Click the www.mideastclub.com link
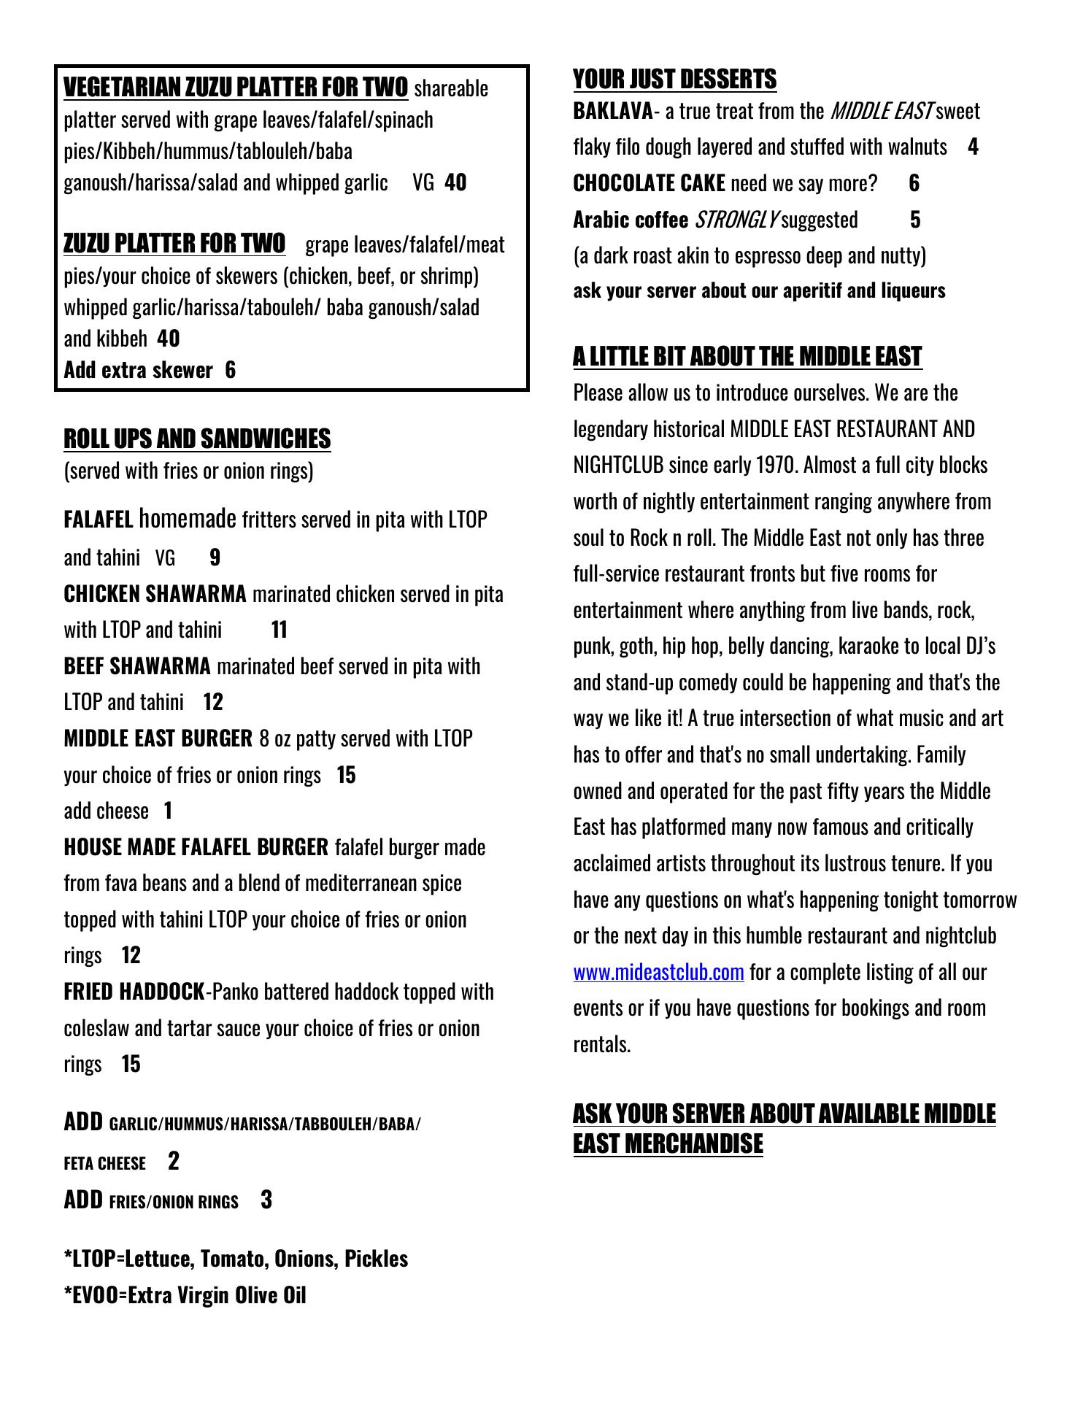coord(658,972)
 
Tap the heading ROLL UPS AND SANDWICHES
coord(197,439)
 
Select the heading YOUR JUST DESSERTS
coord(674,79)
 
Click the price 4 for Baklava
coord(973,147)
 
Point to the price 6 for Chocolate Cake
coord(914,183)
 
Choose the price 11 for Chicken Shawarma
coord(279,630)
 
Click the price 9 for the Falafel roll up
coord(215,557)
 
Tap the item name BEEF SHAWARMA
coord(137,666)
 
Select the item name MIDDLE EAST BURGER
coord(158,738)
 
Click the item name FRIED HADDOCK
coord(134,992)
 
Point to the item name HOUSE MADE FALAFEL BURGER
coord(196,847)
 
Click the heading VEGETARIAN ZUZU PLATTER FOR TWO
coord(236,87)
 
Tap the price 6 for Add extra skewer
coord(231,370)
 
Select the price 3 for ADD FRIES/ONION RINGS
coord(266,1200)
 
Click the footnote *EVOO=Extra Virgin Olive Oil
coord(185,1295)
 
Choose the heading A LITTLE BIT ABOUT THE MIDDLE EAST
coord(747,356)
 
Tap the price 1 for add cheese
coord(168,811)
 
